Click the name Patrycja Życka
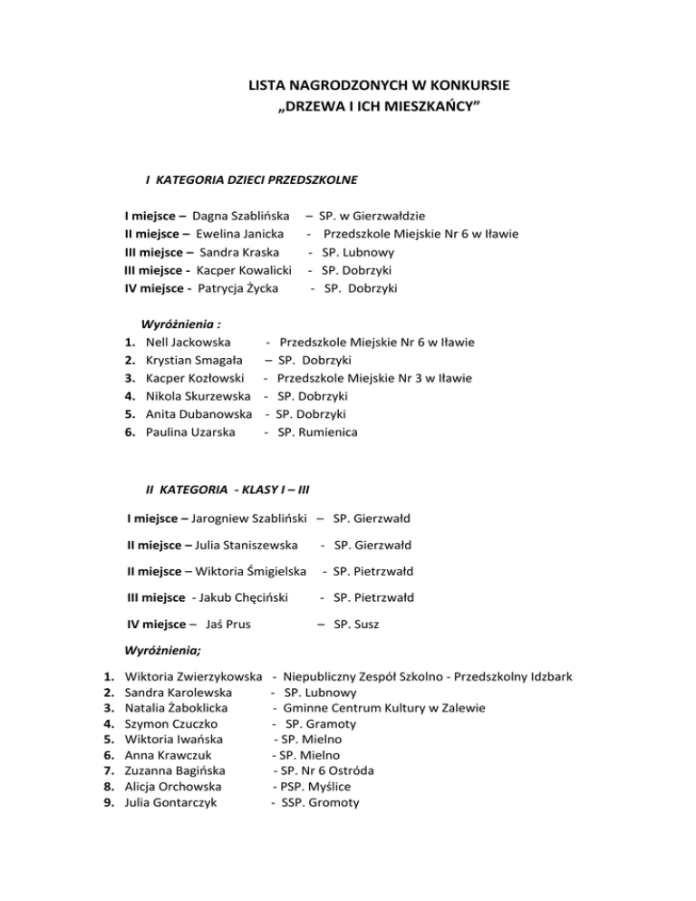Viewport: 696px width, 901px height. coord(237,288)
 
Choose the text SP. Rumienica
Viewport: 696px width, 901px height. coord(317,432)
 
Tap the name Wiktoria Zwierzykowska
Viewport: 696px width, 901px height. coord(193,676)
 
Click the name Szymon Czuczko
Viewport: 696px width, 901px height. coord(177,724)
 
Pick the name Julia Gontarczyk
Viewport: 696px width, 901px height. coord(178,802)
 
